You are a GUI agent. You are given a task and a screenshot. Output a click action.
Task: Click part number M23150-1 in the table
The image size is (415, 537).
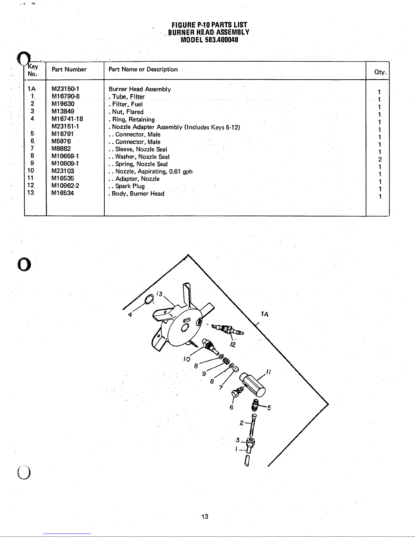pos(65,89)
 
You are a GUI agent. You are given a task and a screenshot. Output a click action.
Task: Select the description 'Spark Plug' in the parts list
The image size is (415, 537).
pos(130,186)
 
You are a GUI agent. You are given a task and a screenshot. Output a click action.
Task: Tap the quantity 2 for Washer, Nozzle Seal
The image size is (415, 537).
pos(380,159)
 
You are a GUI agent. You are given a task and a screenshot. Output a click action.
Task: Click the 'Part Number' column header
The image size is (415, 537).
pos(69,69)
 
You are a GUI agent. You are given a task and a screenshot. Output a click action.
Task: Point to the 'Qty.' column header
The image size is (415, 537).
pos(380,72)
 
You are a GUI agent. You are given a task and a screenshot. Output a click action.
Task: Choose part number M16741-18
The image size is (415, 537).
pos(67,119)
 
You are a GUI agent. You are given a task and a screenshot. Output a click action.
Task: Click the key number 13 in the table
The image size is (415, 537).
pos(30,192)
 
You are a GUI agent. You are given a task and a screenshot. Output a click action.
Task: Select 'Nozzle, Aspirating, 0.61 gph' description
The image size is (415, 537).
pos(154,171)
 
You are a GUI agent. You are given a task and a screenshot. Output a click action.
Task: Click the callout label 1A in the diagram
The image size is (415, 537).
pos(265,314)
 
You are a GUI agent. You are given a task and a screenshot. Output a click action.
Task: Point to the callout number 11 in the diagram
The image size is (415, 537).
pos(269,372)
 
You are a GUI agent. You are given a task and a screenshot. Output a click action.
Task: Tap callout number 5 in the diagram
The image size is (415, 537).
pos(269,408)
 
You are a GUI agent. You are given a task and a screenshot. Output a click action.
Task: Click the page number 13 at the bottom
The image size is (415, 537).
pos(205,516)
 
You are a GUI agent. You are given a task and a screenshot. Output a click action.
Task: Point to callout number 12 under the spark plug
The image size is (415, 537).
pos(233,344)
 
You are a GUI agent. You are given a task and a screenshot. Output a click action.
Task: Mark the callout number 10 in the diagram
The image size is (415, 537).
pos(187,359)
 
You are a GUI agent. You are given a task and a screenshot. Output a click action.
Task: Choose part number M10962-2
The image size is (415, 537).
pos(65,186)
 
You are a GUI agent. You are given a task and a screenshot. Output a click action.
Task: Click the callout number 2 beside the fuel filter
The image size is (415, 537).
pos(242,423)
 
